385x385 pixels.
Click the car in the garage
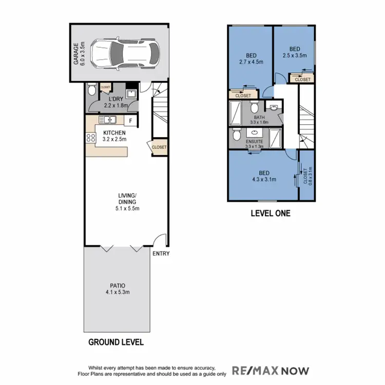tap(125, 52)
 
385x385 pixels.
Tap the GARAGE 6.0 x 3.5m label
tap(79, 54)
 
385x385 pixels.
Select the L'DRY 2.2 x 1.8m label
tap(115, 103)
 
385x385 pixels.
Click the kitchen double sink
tap(108, 120)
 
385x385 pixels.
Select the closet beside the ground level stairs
tap(159, 147)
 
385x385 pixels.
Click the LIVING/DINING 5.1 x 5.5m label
tap(126, 202)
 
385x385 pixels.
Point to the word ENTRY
tap(160, 254)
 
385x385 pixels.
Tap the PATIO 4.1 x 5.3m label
tap(118, 289)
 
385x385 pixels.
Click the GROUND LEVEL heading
tap(116, 342)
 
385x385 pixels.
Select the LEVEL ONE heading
tap(271, 213)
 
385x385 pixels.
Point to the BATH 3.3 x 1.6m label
tap(255, 120)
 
